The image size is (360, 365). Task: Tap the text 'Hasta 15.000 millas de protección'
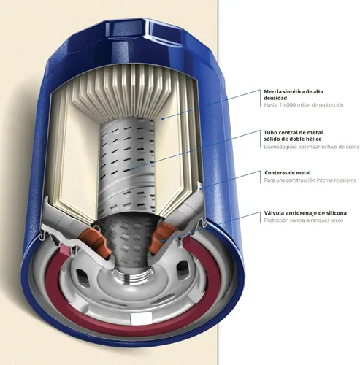pyautogui.click(x=304, y=105)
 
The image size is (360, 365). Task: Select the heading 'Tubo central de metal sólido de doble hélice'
pyautogui.click(x=294, y=136)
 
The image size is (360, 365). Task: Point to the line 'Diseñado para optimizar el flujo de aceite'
pyautogui.click(x=312, y=147)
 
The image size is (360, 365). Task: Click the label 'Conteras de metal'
pyautogui.click(x=288, y=173)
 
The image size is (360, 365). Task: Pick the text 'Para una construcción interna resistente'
pyautogui.click(x=310, y=180)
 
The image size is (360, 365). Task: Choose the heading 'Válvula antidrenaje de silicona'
pyautogui.click(x=305, y=213)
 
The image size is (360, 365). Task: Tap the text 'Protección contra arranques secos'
pyautogui.click(x=304, y=220)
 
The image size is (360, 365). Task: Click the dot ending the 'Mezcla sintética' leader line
pyautogui.click(x=163, y=118)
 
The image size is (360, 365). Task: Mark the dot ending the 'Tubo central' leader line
pyautogui.click(x=132, y=168)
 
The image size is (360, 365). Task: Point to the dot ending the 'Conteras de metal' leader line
pyautogui.click(x=200, y=188)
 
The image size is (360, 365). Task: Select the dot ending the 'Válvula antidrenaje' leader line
pyautogui.click(x=163, y=241)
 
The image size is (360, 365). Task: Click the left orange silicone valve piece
pyautogui.click(x=96, y=241)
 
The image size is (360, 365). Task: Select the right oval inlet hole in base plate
pyautogui.click(x=182, y=269)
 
